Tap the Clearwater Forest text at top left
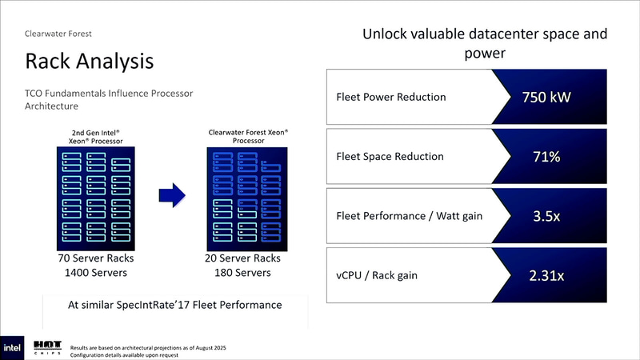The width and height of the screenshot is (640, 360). click(58, 34)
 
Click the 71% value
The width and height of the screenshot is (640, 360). click(546, 157)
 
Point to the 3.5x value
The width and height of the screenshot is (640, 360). click(546, 216)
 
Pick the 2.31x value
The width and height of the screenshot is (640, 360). click(546, 276)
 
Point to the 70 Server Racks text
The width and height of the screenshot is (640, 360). click(94, 259)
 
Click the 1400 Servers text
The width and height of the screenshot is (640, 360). click(94, 274)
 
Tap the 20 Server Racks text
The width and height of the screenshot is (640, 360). click(248, 259)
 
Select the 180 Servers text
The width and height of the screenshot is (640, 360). click(248, 274)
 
